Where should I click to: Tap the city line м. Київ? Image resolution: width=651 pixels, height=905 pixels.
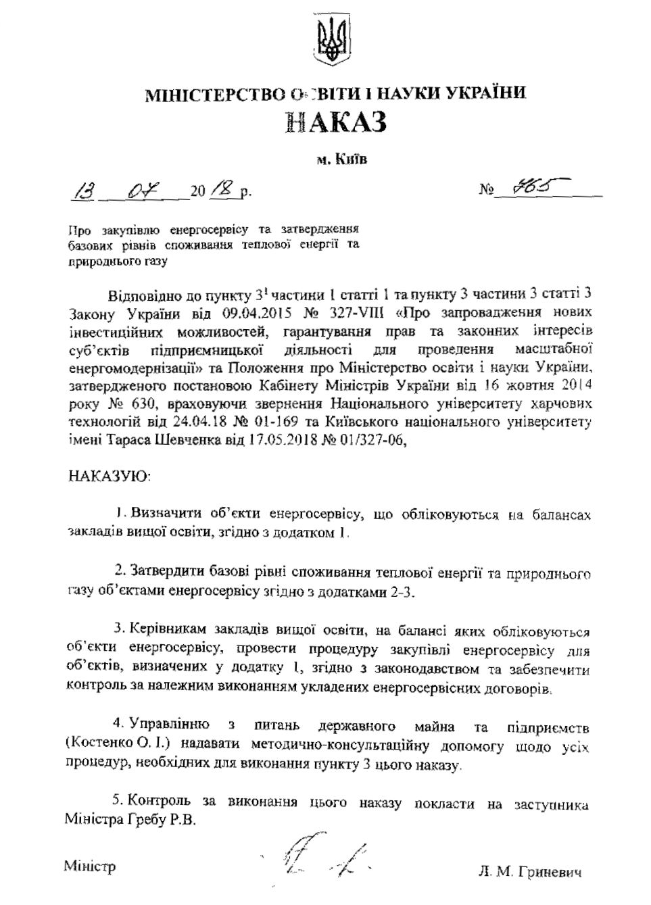336,160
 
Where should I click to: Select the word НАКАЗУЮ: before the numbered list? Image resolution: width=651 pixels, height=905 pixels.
111,475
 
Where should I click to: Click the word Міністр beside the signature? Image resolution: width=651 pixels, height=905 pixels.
90,866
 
